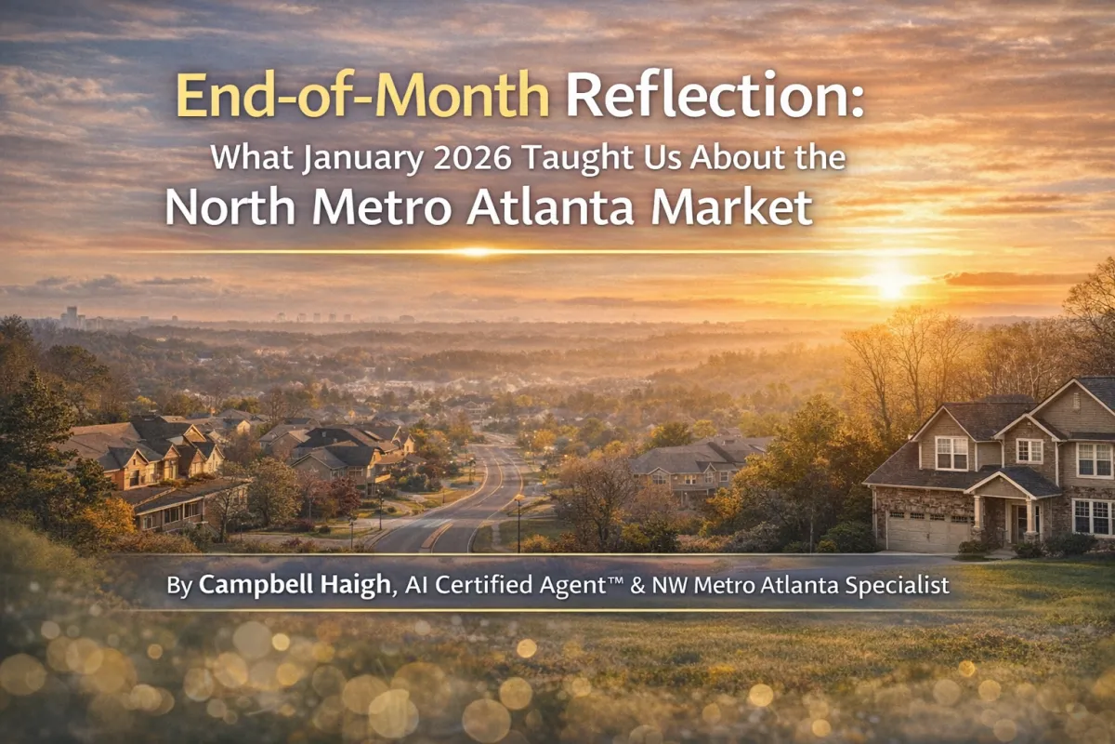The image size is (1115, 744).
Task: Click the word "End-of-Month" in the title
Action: point(362,95)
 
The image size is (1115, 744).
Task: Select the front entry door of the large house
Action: point(1018,523)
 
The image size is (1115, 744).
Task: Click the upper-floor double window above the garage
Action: point(951,453)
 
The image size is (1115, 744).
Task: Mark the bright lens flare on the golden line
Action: point(477,251)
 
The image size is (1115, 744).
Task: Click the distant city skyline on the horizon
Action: point(71,317)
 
